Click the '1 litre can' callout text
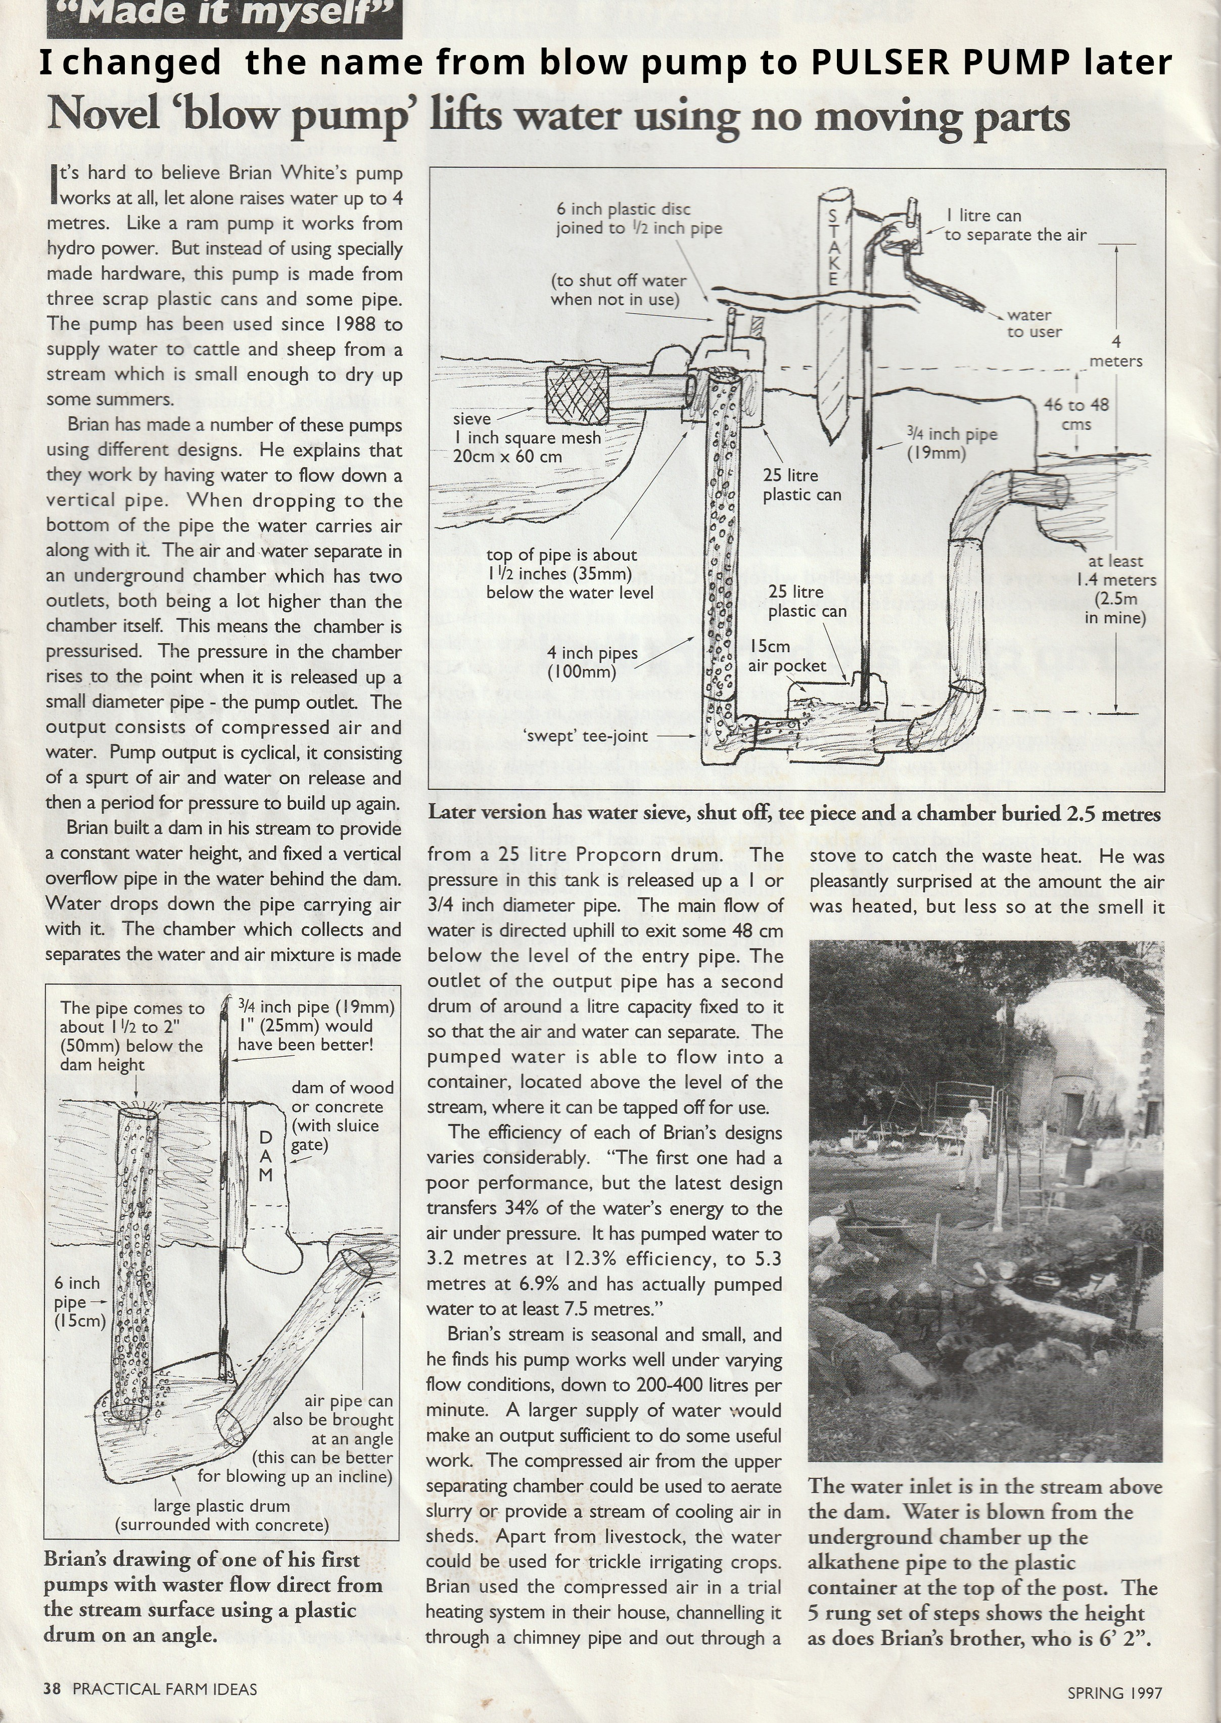tap(983, 216)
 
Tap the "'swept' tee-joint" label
tap(586, 736)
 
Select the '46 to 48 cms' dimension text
tap(1076, 414)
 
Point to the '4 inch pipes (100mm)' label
tap(592, 662)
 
